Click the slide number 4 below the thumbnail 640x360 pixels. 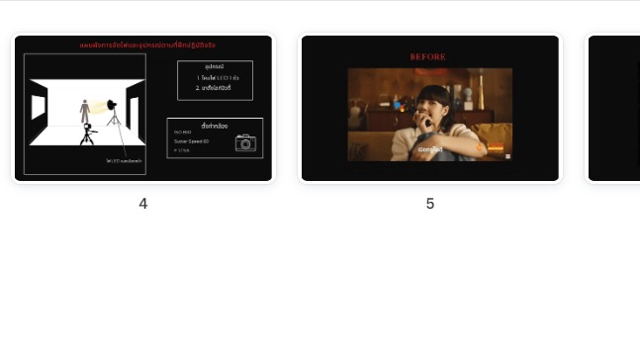pos(142,204)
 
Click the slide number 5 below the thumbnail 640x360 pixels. pos(430,204)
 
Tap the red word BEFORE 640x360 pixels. pos(428,57)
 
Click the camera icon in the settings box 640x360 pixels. pos(244,142)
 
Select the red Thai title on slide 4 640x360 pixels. pos(147,45)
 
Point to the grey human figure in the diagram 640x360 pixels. pos(84,111)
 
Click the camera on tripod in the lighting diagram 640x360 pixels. pos(88,134)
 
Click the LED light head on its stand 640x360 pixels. pos(112,105)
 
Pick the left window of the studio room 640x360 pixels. pos(39,106)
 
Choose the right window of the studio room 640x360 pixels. pos(134,111)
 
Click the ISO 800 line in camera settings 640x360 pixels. pos(183,133)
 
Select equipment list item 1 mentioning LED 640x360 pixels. pos(214,77)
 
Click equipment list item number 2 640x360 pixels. pos(214,87)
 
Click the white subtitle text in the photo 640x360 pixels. pos(429,149)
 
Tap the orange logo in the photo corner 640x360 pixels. pos(496,147)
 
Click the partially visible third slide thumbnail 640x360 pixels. pos(613,109)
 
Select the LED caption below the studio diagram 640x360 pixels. pos(124,160)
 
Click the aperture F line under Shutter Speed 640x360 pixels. pos(182,150)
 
